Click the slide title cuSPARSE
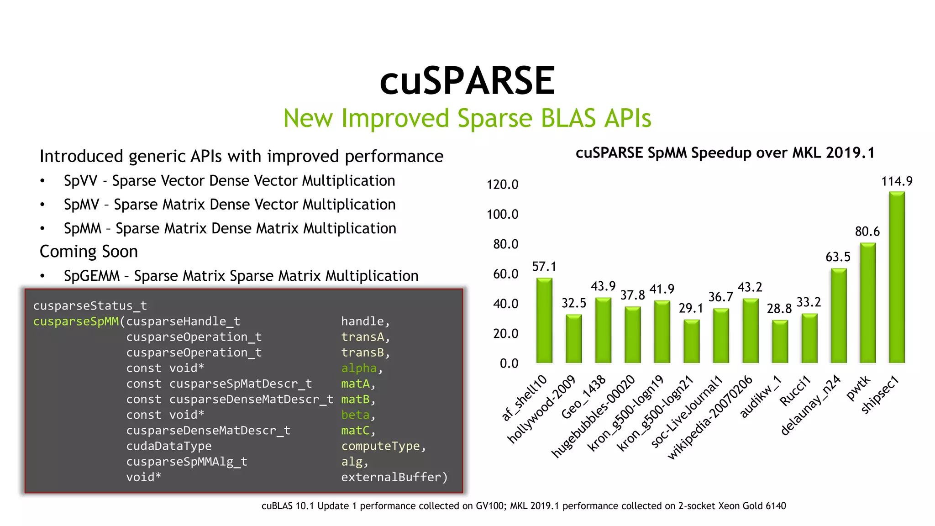tap(467, 81)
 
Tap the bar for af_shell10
tap(544, 321)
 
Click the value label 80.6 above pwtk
tap(867, 231)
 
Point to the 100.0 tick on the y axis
tap(502, 214)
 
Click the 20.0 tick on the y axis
tap(505, 333)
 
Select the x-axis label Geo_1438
tap(583, 397)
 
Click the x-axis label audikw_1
tap(761, 397)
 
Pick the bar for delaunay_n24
tap(839, 316)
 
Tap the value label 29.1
tap(691, 308)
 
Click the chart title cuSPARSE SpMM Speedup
tap(725, 153)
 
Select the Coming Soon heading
tap(89, 252)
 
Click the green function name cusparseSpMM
tap(76, 321)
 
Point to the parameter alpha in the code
tap(359, 368)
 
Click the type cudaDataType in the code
tap(169, 446)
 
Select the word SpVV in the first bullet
tap(80, 181)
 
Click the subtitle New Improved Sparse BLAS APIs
tap(467, 118)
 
